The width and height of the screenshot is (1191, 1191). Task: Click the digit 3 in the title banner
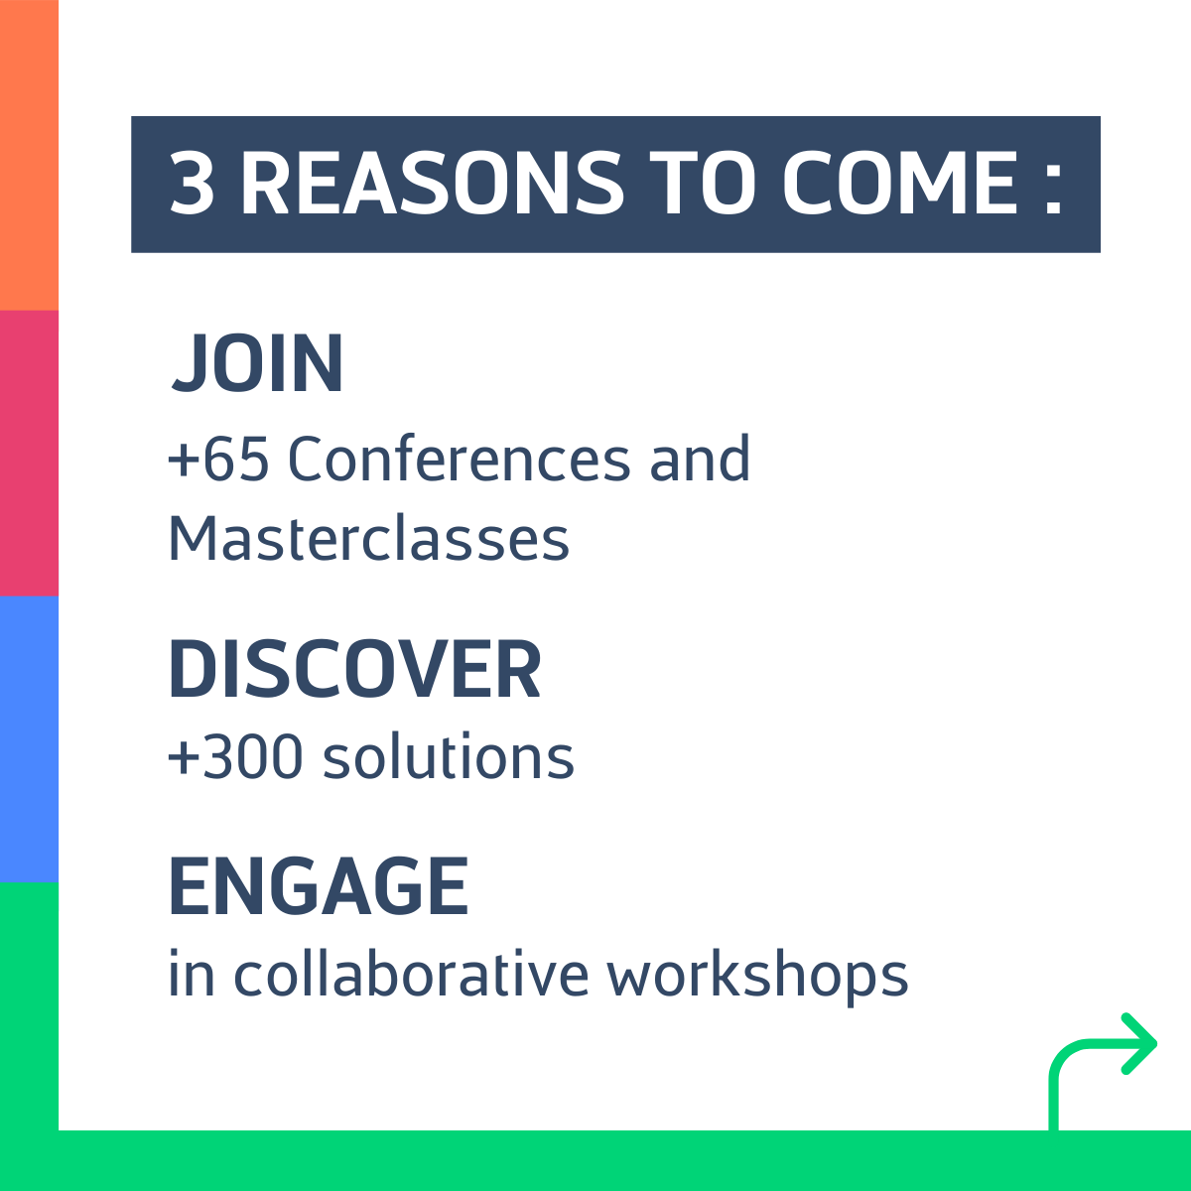(x=193, y=184)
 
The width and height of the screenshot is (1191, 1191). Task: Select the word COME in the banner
(x=900, y=184)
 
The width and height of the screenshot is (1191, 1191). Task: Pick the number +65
(x=218, y=459)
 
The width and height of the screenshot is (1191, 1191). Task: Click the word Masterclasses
(x=368, y=538)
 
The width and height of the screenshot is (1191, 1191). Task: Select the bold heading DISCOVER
(x=354, y=669)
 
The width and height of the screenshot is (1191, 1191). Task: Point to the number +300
(x=235, y=757)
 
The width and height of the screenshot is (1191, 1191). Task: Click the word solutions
(x=449, y=756)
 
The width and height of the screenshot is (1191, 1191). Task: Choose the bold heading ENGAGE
(x=319, y=885)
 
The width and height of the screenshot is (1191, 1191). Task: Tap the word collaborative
(x=411, y=974)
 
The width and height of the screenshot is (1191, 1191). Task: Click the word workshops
(x=757, y=978)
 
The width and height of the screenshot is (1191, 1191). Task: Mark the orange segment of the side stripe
(x=29, y=155)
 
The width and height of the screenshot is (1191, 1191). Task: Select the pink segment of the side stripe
(x=29, y=453)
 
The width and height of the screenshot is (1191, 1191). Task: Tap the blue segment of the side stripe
(x=29, y=739)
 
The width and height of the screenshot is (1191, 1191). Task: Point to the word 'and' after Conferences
(x=701, y=458)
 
